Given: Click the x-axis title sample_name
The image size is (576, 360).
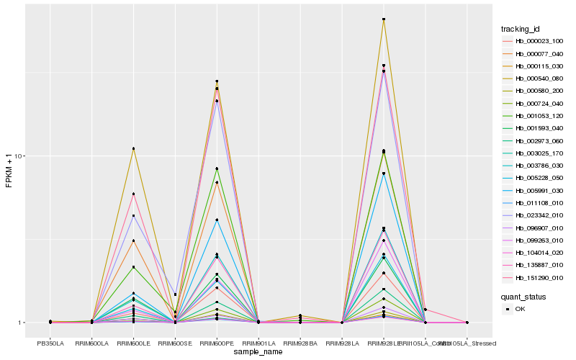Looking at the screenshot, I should point(258,352).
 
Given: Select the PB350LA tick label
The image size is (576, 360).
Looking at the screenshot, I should point(50,343).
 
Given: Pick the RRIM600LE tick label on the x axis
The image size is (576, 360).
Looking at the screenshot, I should point(134,343).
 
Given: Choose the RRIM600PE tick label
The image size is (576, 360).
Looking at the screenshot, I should point(217,343).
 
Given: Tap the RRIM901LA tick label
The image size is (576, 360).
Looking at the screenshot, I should point(258,343).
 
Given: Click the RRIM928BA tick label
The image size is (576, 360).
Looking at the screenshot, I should point(300,343).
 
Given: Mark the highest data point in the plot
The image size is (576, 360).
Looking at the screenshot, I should point(384,19).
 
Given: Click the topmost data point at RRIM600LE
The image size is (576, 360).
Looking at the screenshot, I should point(134,148).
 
